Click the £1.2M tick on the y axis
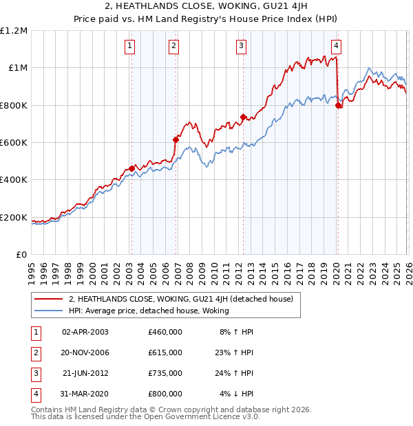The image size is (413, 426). click(x=14, y=31)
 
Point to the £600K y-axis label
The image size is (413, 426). click(x=14, y=143)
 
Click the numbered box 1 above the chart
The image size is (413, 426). click(x=130, y=46)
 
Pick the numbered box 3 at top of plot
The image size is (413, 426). click(x=242, y=46)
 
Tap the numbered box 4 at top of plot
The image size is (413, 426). click(x=336, y=46)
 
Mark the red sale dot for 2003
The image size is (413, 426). click(x=131, y=168)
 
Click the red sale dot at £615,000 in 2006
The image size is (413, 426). click(x=176, y=139)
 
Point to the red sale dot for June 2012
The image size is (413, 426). click(x=243, y=117)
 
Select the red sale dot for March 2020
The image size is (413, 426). click(x=338, y=105)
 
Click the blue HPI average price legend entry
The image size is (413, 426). click(x=148, y=311)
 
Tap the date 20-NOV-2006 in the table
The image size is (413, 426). click(x=85, y=352)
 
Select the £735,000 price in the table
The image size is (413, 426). click(x=165, y=373)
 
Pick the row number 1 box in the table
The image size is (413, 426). click(x=35, y=332)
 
